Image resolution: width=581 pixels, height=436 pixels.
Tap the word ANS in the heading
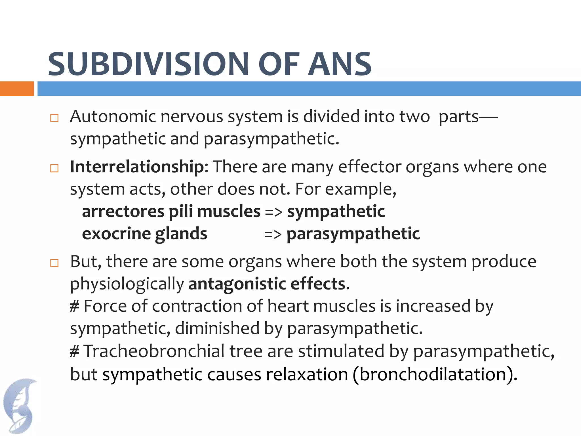tap(340, 64)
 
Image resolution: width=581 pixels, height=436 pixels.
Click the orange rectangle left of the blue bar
tap(17, 89)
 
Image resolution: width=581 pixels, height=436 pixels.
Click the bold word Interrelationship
tap(137, 167)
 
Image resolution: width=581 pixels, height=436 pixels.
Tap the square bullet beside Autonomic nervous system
tap(54, 118)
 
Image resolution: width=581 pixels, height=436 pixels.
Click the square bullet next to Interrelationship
tap(54, 168)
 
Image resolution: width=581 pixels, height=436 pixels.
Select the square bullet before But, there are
tap(54, 263)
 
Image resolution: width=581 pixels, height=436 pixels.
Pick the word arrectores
tap(123, 211)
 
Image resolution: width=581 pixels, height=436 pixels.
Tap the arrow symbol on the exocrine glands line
tap(273, 234)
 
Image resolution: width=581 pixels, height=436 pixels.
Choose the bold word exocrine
tap(116, 234)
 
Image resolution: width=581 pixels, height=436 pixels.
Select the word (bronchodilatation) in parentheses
tap(435, 374)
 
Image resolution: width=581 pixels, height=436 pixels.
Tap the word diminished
tap(217, 328)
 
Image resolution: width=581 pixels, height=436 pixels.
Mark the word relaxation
tap(307, 374)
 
